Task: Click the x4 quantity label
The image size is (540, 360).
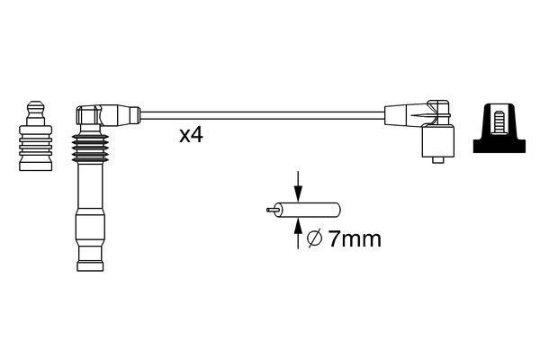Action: click(x=192, y=136)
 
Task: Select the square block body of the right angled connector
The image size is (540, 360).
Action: click(x=437, y=141)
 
